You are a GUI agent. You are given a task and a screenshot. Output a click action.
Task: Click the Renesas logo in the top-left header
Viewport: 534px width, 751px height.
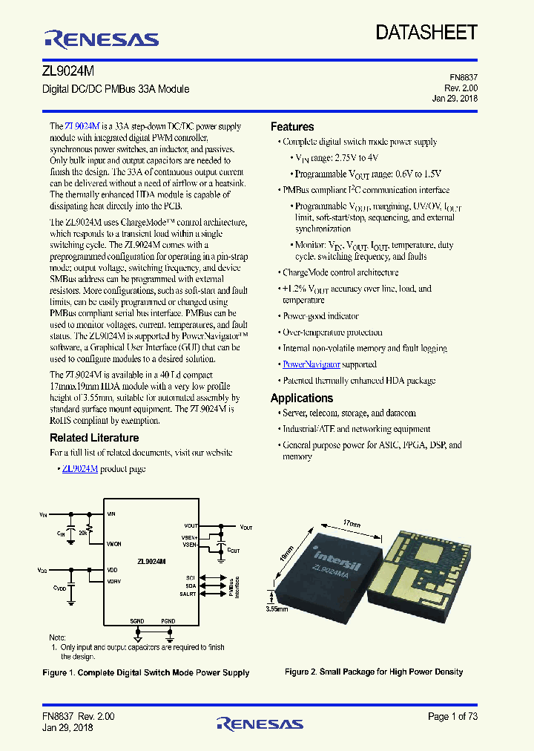pos(102,39)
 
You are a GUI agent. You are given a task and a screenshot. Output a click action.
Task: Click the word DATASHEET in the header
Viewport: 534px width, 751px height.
pos(426,32)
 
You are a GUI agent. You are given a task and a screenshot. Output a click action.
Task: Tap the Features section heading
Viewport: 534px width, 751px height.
pos(292,127)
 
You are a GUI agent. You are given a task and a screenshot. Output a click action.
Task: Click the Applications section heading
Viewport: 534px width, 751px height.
pos(302,398)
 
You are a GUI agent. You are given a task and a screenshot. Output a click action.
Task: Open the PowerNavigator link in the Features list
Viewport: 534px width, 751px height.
pos(311,364)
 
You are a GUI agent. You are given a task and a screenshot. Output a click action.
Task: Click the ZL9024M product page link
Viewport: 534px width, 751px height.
pos(80,468)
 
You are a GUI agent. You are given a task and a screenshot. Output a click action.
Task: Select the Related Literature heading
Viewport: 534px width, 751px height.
pos(94,438)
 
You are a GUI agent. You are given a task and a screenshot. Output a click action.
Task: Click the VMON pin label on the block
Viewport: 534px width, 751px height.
pos(114,544)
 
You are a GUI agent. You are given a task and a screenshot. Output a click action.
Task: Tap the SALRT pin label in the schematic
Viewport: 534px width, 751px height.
pos(188,594)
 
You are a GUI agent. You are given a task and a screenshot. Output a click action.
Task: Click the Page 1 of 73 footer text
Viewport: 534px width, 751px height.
pos(453,716)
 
